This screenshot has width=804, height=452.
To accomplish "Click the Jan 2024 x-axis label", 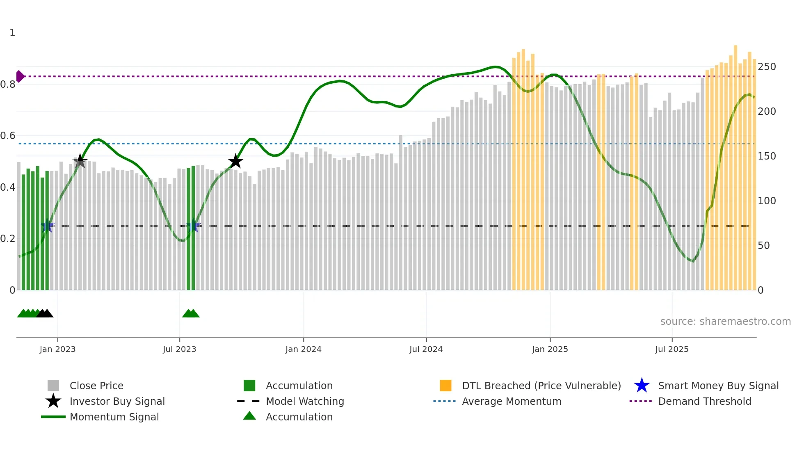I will point(303,349).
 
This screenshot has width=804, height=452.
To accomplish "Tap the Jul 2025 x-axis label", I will point(672,349).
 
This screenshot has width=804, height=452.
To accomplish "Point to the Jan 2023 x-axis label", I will point(57,349).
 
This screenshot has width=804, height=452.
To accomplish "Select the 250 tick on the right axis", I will point(766,66).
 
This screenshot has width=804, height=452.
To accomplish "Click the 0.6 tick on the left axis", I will point(8,135).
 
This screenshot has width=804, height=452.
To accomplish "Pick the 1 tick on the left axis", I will point(12,32).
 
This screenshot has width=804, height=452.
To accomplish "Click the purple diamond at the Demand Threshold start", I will point(20,76).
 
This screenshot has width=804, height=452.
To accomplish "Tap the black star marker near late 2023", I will point(235,161).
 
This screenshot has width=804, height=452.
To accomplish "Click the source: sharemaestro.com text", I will point(725,321).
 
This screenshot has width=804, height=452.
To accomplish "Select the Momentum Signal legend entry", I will point(114,417).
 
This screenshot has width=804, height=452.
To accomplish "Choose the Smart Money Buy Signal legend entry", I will point(718,386).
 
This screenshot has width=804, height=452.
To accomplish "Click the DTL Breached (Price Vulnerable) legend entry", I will point(541,386).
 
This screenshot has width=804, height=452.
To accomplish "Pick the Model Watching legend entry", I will point(304,401).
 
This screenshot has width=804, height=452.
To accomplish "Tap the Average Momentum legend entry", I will point(511,401).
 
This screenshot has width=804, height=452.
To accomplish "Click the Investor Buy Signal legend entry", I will point(117,401).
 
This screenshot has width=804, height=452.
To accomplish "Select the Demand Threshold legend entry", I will point(704,401).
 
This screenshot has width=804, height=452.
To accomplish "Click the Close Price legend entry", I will point(96,386).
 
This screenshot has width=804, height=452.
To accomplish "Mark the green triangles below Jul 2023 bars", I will point(191,313).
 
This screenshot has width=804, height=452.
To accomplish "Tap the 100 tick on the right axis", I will point(766,201).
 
